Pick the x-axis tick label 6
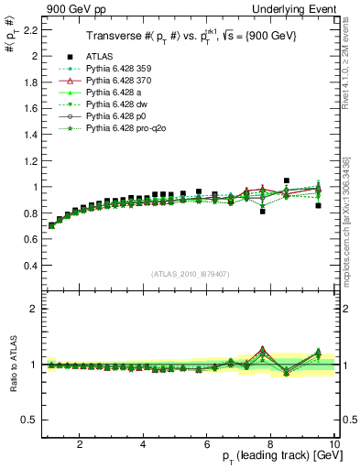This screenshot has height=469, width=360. pyautogui.click(x=207, y=444)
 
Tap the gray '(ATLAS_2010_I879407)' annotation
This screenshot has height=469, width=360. pyautogui.click(x=190, y=273)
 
